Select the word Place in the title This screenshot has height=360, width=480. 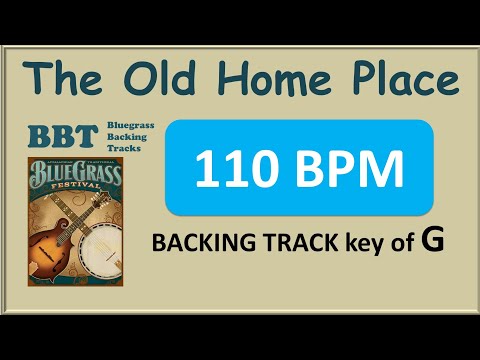pyautogui.click(x=400, y=79)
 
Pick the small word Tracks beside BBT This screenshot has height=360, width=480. pyautogui.click(x=122, y=148)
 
